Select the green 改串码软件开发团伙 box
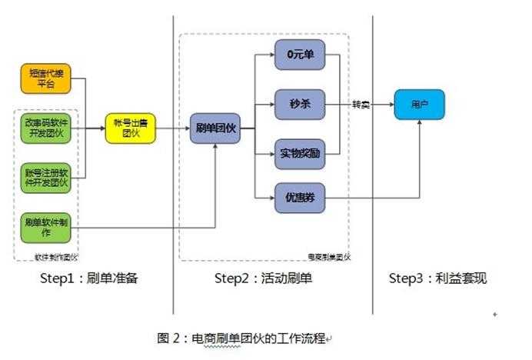(45, 128)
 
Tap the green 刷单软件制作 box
(45, 227)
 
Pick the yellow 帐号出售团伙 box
(130, 129)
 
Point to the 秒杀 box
(300, 103)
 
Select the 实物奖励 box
(300, 153)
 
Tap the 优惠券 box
(300, 198)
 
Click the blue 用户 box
(420, 104)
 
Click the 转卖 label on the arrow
(361, 104)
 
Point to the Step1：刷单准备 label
(88, 278)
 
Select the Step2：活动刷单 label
(263, 278)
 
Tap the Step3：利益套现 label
(437, 278)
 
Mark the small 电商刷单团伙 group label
(328, 257)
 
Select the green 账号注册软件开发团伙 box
(45, 178)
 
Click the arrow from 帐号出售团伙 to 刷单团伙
(173, 129)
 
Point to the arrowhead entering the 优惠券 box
(271, 199)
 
